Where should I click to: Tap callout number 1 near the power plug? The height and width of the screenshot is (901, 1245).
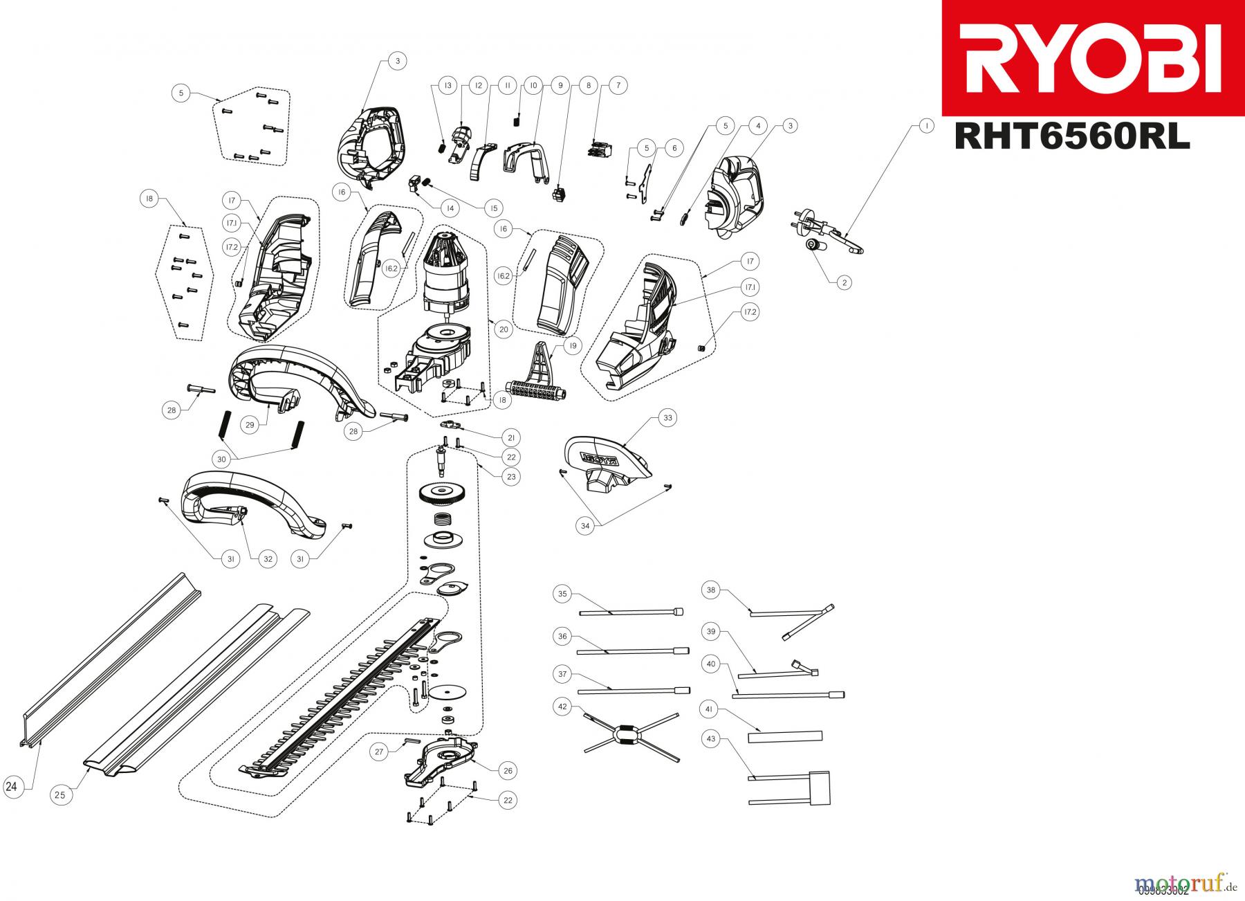tap(923, 126)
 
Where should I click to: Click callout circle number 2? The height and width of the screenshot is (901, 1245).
tap(844, 282)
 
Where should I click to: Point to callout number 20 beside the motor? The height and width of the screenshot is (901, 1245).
tap(504, 329)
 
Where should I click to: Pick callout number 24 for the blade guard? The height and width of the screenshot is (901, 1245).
tap(12, 786)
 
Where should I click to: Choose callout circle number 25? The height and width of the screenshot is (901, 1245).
tap(60, 795)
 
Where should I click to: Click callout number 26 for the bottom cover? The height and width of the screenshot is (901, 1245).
tap(510, 770)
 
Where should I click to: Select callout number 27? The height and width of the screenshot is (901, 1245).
tap(378, 752)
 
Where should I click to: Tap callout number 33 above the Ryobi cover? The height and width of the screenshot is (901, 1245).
tap(667, 418)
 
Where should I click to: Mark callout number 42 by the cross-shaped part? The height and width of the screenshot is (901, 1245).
tap(562, 707)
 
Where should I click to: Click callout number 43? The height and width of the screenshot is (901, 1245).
tap(710, 739)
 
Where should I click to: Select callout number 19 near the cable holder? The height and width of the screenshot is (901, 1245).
tap(572, 346)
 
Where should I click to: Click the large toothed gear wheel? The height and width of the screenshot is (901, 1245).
tap(443, 495)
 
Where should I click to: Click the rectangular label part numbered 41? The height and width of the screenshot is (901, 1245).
tap(785, 736)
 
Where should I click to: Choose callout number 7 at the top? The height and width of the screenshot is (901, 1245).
tap(618, 86)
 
